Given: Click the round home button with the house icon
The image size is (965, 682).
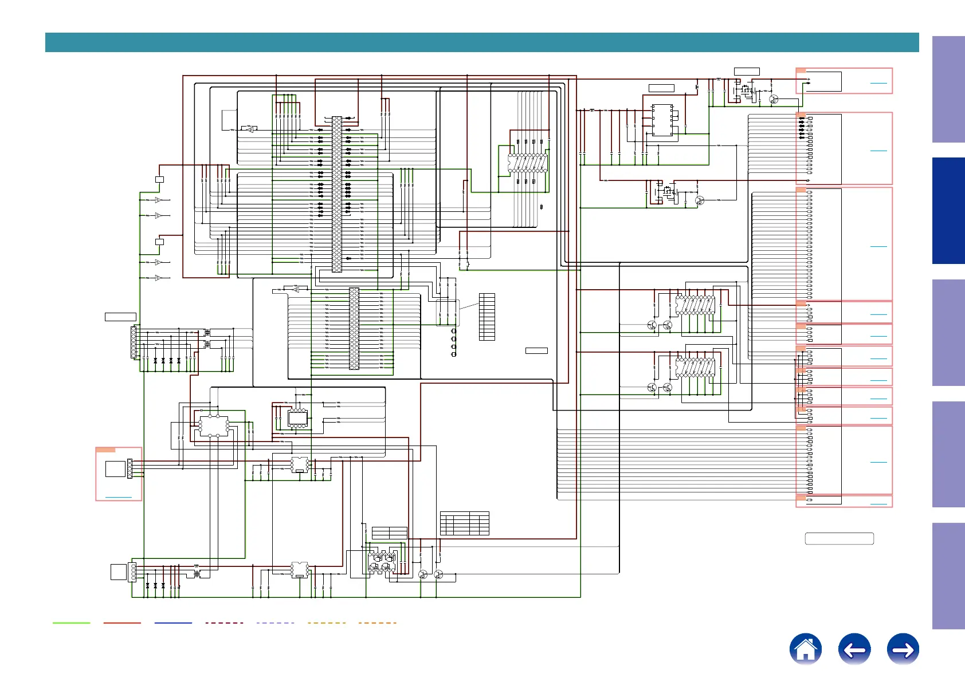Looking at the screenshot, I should (x=805, y=649).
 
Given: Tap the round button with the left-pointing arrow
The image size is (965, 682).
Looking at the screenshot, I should (x=854, y=649).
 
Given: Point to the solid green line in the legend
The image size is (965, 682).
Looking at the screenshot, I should (x=71, y=622).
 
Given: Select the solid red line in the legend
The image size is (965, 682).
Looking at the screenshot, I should (x=122, y=622).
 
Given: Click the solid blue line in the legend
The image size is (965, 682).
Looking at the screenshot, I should (x=173, y=622).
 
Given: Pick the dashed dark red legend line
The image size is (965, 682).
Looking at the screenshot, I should (x=224, y=622).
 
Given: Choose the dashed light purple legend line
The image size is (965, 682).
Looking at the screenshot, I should (x=275, y=622).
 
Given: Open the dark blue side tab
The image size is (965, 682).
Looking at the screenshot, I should (x=948, y=211).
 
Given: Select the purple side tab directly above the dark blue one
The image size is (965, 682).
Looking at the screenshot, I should (x=948, y=89).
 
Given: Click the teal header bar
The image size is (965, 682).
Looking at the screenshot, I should (x=481, y=42).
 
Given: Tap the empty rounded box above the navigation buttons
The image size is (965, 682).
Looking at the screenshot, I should (x=839, y=538).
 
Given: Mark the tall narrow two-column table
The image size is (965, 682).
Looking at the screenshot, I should (x=487, y=317).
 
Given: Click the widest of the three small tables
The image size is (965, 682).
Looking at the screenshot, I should (x=464, y=523).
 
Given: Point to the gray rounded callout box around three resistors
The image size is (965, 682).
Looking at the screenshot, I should (x=448, y=313).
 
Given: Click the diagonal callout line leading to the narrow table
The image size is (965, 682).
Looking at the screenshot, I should (x=469, y=306).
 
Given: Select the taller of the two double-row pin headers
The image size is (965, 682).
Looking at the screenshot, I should (x=337, y=194).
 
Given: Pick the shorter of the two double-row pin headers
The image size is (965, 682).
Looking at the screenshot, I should (x=354, y=328).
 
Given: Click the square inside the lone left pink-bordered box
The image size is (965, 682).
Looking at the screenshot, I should (x=115, y=468).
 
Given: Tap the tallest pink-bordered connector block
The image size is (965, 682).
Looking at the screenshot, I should (x=844, y=244).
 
